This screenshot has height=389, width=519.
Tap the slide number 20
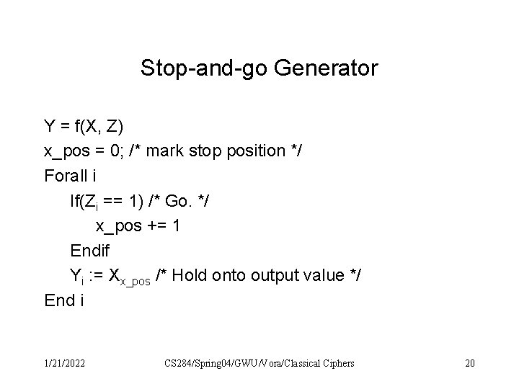(x=469, y=363)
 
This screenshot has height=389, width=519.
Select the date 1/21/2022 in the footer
(x=63, y=363)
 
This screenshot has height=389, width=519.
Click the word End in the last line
(x=59, y=299)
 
